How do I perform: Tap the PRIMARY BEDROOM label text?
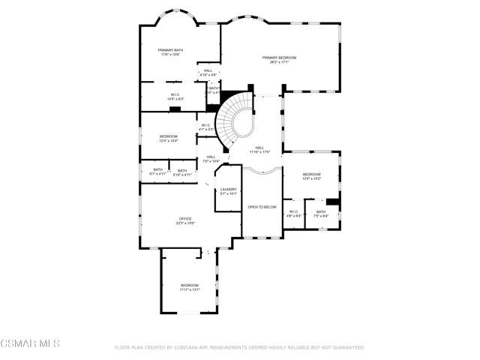tap(279, 57)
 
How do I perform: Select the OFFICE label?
tap(184, 219)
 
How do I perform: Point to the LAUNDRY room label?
tap(228, 189)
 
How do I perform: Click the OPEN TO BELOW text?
tap(262, 206)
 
